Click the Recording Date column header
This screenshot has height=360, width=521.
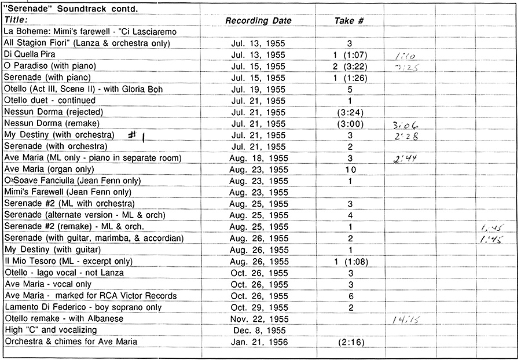point(258,21)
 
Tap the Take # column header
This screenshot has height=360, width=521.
point(349,21)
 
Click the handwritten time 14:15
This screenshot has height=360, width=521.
point(406,319)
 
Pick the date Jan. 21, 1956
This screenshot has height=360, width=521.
point(258,342)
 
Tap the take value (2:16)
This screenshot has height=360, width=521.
point(350,342)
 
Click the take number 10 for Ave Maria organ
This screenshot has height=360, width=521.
point(350,170)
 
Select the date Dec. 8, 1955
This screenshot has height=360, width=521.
point(258,330)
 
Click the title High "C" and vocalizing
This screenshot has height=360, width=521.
point(51,330)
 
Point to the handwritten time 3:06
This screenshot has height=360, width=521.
point(405,124)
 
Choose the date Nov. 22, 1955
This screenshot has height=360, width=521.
point(258,319)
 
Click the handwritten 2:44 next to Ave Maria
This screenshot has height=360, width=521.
point(403,158)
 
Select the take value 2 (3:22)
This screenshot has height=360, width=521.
point(350,67)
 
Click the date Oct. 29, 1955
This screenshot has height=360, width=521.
point(258,307)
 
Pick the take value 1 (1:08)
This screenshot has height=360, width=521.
point(350,262)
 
